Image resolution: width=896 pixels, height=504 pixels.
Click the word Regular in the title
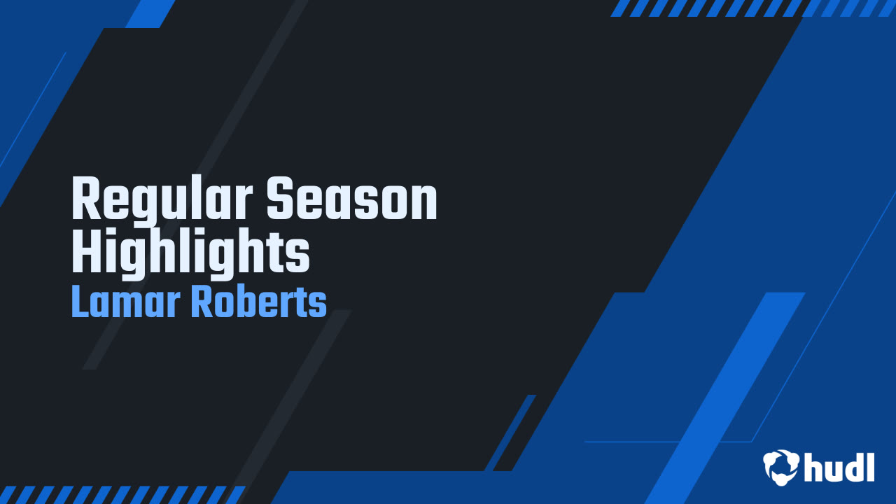point(163,199)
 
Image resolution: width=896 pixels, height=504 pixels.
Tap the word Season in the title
point(352,199)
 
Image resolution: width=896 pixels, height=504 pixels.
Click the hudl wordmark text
point(839,467)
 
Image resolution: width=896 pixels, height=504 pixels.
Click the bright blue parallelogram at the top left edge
point(150,13)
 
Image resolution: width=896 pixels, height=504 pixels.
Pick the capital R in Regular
point(85,199)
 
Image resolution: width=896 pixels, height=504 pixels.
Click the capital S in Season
point(281,199)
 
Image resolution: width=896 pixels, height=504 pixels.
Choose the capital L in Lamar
point(80,302)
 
